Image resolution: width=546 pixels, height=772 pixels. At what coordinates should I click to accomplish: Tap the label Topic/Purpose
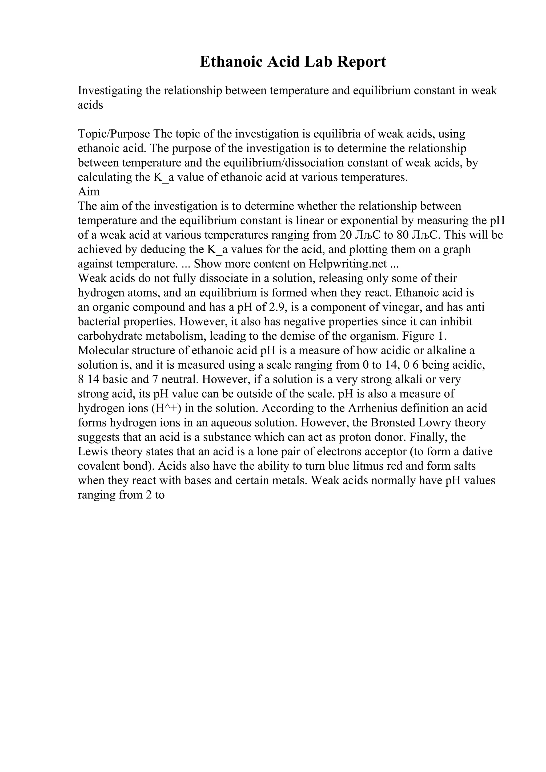[x=114, y=134]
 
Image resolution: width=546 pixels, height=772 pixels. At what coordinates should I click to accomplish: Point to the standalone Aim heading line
[x=89, y=191]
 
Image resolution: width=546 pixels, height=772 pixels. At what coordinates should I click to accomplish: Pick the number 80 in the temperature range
[x=402, y=235]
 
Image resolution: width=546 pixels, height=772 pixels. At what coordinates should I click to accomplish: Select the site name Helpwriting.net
[x=348, y=264]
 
